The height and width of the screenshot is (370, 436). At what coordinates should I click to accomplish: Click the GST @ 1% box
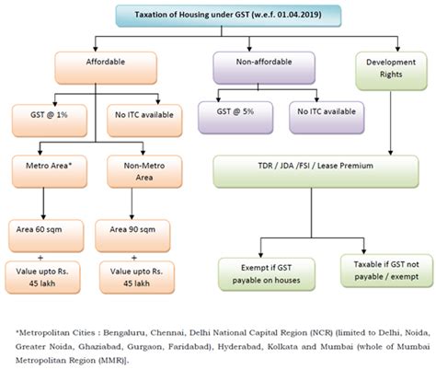[46, 117]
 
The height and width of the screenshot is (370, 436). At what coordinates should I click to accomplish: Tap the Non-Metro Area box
[128, 169]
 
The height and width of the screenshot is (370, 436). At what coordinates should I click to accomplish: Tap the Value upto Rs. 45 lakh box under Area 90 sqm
[128, 276]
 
